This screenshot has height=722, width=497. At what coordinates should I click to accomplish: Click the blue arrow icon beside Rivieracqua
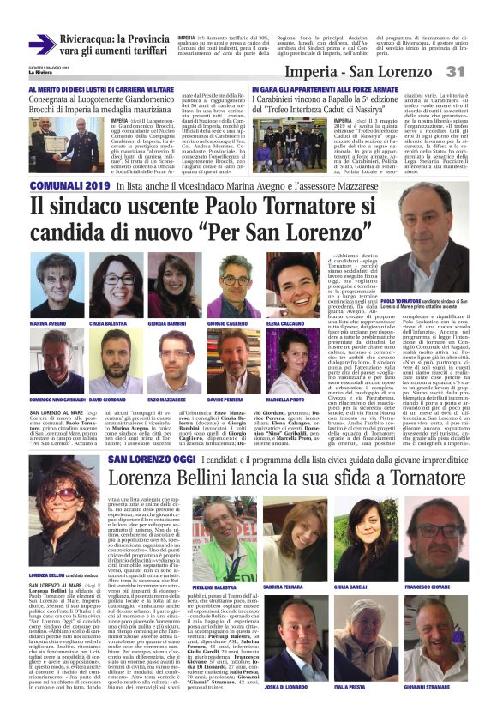41,44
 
